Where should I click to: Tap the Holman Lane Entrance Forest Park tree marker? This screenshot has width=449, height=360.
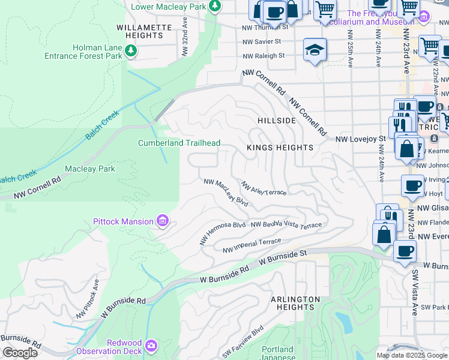point(130,52)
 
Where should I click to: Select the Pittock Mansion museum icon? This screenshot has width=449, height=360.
point(162,222)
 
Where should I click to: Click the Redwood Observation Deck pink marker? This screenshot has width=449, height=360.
point(151,346)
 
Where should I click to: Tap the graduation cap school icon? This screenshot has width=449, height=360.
point(315,52)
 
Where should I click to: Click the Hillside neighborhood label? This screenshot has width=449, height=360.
point(277,121)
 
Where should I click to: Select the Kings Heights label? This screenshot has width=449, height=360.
point(280,148)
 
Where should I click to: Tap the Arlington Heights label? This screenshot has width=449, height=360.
point(295,303)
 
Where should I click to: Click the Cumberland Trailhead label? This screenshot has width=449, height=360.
point(179,143)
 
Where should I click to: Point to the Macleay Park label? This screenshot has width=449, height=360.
point(90,169)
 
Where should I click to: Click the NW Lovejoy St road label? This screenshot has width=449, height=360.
point(360,139)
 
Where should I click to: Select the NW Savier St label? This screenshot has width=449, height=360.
point(262,41)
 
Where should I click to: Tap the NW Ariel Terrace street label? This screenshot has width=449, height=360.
point(264,189)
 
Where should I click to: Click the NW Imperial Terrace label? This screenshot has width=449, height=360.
point(252,245)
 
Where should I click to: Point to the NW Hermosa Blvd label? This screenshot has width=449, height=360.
point(223,233)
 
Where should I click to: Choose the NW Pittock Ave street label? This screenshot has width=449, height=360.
point(88,298)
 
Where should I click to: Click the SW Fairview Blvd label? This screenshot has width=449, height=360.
point(243,342)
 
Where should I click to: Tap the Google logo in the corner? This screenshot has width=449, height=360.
point(20,353)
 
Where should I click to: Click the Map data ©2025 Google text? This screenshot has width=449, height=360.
point(412,355)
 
